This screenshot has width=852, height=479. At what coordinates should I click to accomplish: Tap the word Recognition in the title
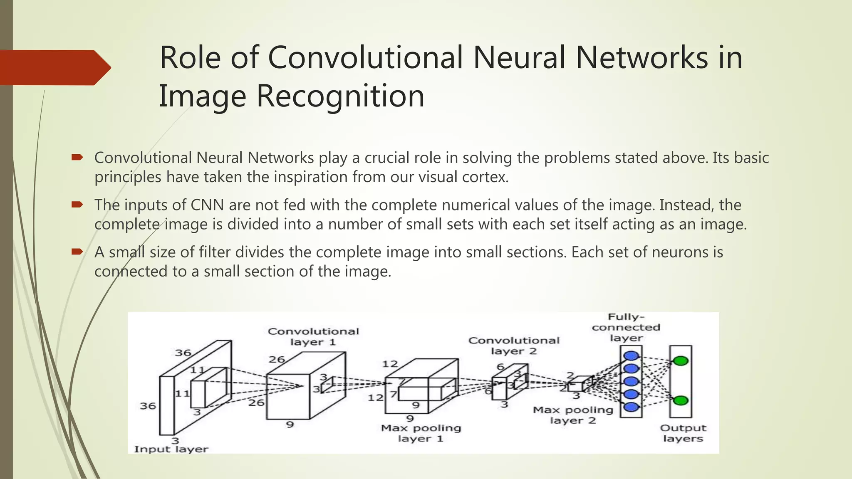[340, 96]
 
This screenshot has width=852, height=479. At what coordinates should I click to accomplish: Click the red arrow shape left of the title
[54, 68]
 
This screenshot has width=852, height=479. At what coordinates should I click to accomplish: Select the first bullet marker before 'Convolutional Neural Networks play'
[77, 157]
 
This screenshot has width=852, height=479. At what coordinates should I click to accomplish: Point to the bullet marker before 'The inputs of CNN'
[77, 204]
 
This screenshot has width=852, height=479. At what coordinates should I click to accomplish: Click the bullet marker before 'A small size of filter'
[77, 251]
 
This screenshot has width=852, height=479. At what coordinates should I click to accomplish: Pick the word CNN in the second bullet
[207, 205]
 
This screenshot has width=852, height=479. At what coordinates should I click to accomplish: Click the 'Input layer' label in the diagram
[171, 449]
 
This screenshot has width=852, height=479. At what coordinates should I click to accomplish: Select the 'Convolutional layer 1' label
[313, 337]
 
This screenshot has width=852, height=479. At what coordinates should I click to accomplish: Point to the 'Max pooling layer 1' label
[421, 433]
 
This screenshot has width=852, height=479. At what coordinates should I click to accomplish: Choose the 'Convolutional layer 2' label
[514, 346]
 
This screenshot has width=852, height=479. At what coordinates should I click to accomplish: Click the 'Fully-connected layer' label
[626, 328]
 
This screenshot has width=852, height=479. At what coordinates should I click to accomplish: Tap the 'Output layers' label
[683, 433]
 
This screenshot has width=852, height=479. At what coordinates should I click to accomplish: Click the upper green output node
[681, 361]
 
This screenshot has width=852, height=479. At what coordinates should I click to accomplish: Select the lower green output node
[681, 401]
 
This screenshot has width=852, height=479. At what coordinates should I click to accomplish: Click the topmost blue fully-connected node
[631, 356]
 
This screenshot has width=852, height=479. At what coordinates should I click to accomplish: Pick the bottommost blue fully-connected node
[631, 407]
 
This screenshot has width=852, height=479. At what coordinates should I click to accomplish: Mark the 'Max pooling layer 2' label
[573, 415]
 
